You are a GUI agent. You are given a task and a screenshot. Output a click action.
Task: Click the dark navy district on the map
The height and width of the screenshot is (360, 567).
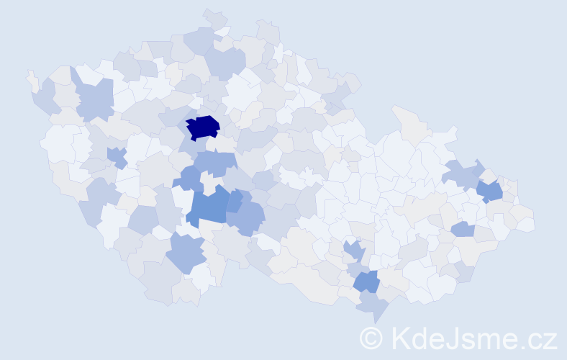203,127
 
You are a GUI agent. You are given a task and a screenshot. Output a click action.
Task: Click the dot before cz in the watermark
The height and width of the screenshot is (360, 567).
525,346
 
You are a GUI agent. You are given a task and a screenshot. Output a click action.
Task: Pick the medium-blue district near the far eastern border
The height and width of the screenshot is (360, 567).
490,191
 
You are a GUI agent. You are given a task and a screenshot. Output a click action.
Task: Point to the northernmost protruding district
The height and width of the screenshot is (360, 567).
214,17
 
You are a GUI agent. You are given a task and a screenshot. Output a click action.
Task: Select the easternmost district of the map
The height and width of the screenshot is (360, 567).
526,223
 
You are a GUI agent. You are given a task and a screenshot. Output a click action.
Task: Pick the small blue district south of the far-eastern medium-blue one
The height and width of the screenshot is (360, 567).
463,229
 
